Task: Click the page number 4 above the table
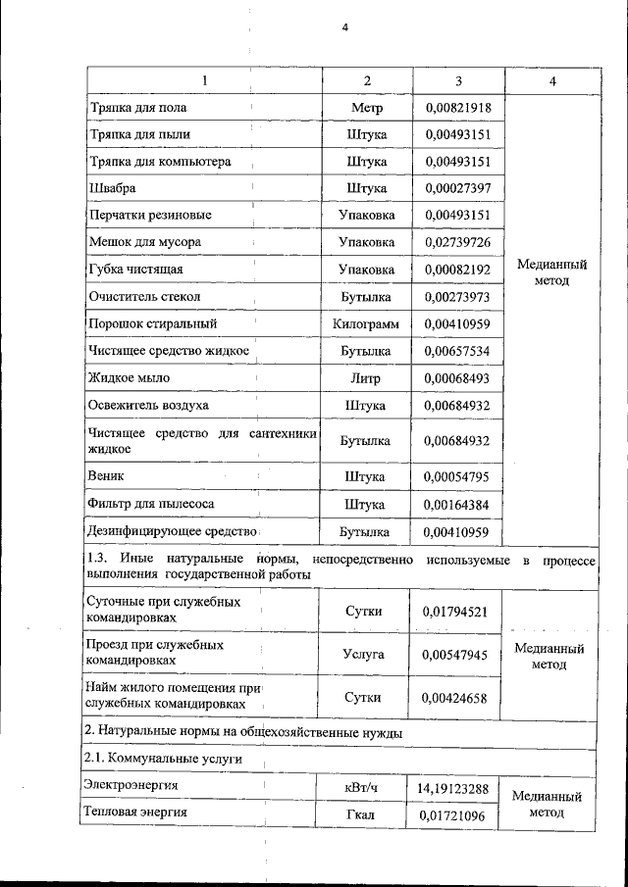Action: click(x=344, y=26)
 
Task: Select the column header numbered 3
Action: click(x=458, y=80)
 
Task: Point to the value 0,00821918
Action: click(x=458, y=108)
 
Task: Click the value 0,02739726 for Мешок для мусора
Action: click(x=458, y=242)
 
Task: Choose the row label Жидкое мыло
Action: click(x=129, y=377)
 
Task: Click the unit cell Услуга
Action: click(x=365, y=654)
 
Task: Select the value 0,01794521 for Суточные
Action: click(x=458, y=612)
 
